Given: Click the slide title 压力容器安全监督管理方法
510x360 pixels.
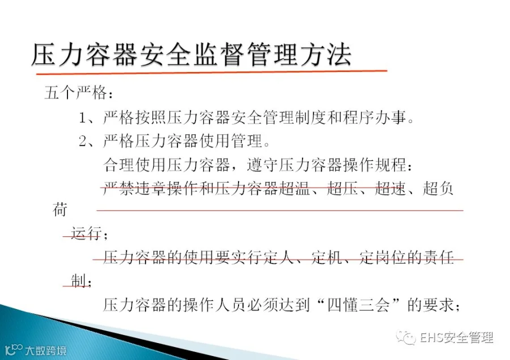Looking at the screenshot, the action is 192,54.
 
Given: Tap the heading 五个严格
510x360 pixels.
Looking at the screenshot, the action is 76,93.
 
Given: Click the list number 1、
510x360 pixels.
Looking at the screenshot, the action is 86,117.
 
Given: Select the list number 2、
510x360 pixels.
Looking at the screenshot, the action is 86,141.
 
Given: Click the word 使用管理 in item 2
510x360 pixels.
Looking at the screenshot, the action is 231,141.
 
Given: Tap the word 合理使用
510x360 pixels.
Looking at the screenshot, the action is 135,165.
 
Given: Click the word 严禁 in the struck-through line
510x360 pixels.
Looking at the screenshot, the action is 119,188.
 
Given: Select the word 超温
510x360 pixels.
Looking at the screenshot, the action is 294,188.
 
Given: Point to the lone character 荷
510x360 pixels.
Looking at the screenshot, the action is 60,210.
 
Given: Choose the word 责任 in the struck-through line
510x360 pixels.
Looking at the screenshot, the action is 438,257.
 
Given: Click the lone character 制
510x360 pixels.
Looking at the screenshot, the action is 79,281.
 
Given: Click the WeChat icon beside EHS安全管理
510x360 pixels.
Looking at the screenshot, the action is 406,337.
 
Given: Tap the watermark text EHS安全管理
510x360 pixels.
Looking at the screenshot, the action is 457,337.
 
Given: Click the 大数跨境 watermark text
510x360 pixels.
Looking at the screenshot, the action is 46,350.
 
